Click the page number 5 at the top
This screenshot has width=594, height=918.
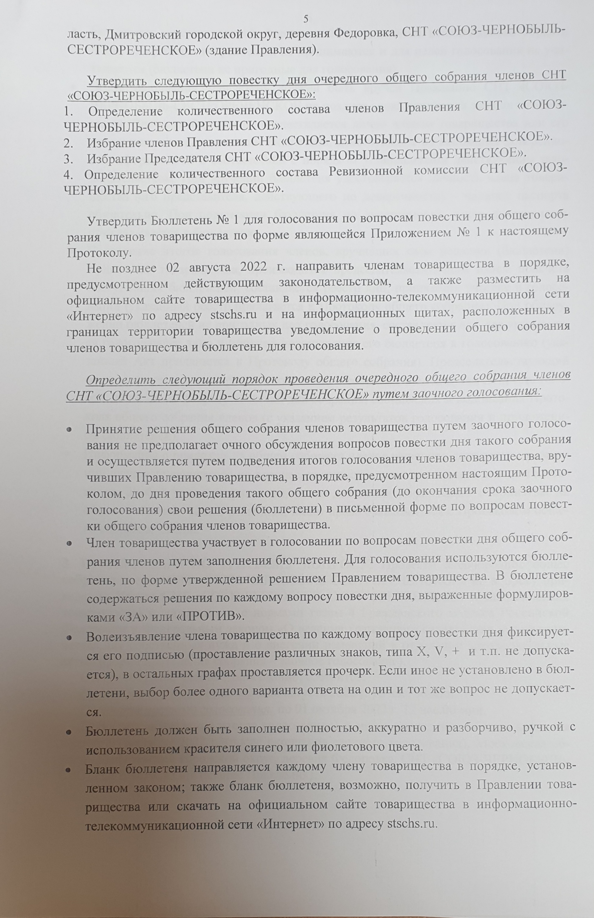click(306, 18)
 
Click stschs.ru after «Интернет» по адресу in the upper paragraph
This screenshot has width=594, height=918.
click(234, 315)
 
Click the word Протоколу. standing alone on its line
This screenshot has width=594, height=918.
click(99, 253)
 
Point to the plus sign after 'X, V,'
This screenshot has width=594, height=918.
click(457, 653)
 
